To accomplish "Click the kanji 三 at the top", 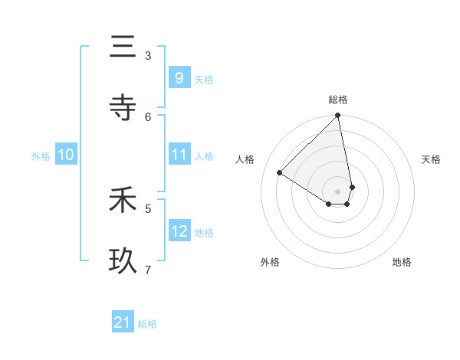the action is click(x=123, y=47).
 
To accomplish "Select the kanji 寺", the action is click(x=123, y=107).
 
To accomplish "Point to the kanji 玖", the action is click(x=123, y=261).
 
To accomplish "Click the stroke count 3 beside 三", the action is click(x=148, y=55).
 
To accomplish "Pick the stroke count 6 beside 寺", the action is click(x=148, y=116).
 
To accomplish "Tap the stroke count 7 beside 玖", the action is click(x=148, y=269).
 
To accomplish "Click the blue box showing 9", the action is click(x=179, y=77).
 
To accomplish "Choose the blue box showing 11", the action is click(x=179, y=155).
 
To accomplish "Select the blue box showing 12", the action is click(x=179, y=231).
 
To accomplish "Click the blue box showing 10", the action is click(x=65, y=155).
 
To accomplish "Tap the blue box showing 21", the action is click(x=123, y=322).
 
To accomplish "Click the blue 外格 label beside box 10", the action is click(x=41, y=156).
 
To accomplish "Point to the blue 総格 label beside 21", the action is click(x=147, y=324).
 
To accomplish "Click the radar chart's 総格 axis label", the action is click(x=338, y=100).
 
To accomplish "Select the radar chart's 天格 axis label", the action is click(x=431, y=159).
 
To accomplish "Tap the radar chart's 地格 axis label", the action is click(x=402, y=262).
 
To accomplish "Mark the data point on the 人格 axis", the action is click(x=280, y=173).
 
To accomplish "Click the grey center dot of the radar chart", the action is click(x=338, y=191).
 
